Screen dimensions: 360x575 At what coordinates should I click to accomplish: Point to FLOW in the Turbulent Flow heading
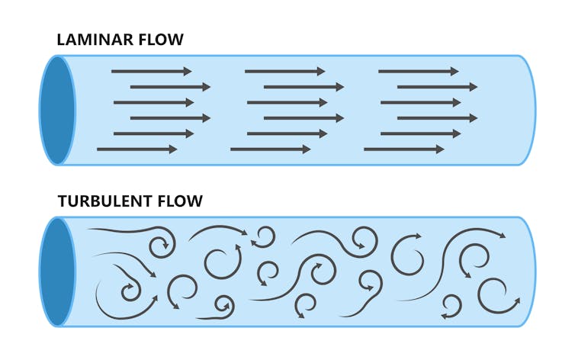181,201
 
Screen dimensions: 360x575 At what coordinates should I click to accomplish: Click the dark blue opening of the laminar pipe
58,110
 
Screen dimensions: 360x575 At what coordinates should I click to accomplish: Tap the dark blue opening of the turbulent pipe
56,272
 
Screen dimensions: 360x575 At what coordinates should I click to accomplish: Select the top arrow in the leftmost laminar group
151,72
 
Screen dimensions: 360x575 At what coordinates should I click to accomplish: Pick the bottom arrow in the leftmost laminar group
137,149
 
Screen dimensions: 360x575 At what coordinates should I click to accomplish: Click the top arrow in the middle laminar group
284,72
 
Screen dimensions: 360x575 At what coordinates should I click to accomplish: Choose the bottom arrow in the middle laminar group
270,149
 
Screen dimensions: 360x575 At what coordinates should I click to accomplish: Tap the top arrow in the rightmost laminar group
418,72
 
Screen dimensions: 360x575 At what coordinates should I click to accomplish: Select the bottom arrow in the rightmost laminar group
403,149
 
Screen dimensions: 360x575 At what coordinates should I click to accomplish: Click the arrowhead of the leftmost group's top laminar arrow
187,72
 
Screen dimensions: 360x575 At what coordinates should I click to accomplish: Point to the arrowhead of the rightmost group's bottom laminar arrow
439,149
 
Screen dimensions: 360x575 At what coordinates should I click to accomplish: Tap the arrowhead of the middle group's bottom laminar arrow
306,149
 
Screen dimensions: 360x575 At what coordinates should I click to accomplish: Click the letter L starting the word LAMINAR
63,40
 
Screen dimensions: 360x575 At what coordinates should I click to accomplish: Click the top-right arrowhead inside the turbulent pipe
501,236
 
